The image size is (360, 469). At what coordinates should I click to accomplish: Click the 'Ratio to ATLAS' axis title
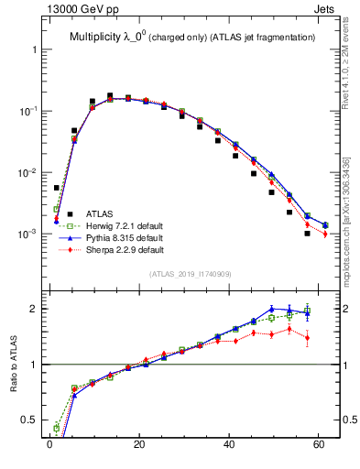12,364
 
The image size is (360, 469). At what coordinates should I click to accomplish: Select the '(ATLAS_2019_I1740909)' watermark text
190,274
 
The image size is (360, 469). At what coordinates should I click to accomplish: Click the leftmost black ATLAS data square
56,188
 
